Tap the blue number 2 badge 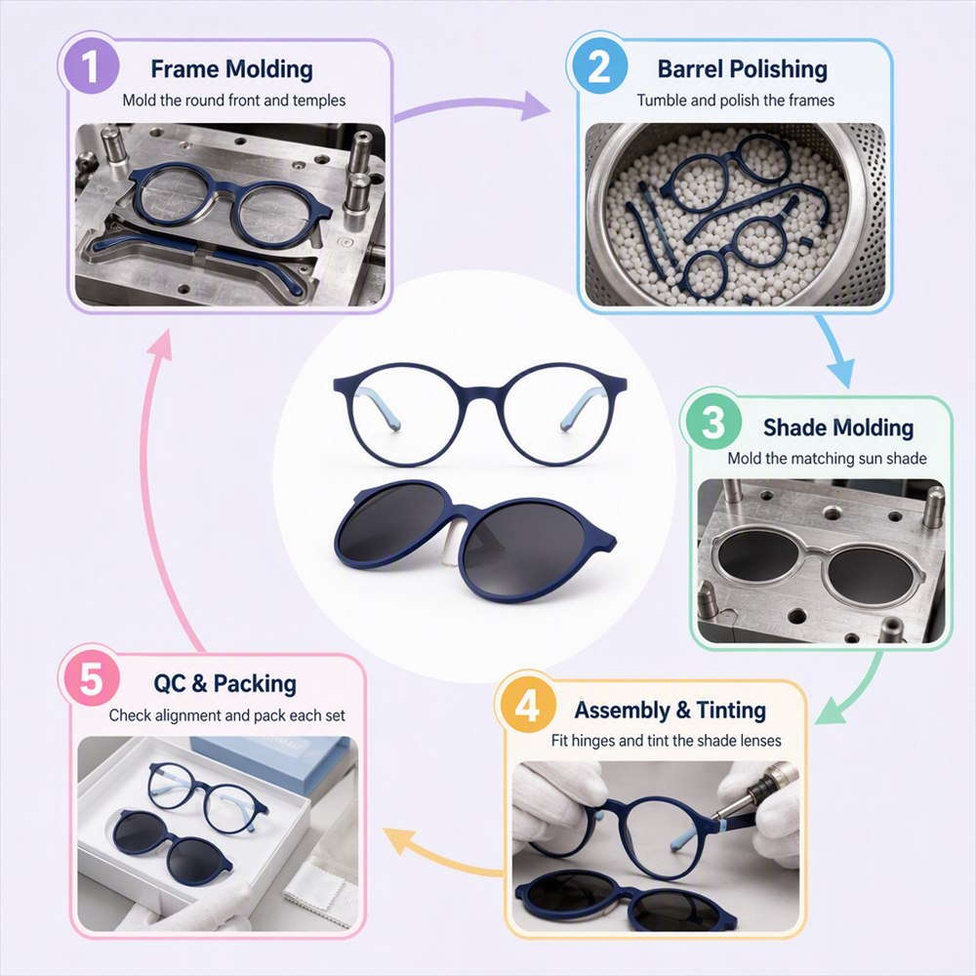click(x=598, y=65)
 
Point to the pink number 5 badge click(x=90, y=678)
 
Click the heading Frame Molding click(x=231, y=69)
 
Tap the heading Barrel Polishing click(x=742, y=69)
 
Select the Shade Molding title click(x=837, y=427)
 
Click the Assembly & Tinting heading click(x=670, y=710)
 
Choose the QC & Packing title click(x=224, y=683)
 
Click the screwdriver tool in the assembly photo click(x=755, y=795)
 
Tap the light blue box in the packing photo click(x=274, y=762)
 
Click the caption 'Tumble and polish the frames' click(x=735, y=101)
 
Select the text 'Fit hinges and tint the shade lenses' click(x=666, y=741)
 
